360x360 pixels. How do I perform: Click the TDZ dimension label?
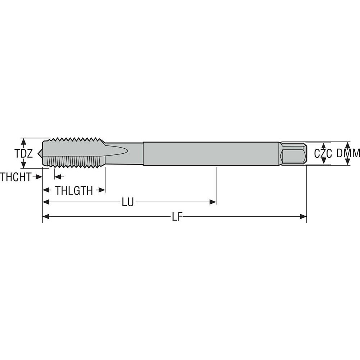24,154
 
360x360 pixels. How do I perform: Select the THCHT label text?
15,177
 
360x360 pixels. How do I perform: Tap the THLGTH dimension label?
74,190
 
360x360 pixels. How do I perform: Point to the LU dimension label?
127,203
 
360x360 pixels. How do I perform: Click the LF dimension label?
176,217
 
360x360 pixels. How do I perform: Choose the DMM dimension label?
348,154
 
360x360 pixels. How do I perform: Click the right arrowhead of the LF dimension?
303,216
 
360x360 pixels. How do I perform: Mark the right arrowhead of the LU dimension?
213,203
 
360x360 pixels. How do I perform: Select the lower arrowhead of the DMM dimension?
347,162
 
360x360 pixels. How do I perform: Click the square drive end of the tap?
294,154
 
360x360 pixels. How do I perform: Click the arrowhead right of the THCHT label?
39,177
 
